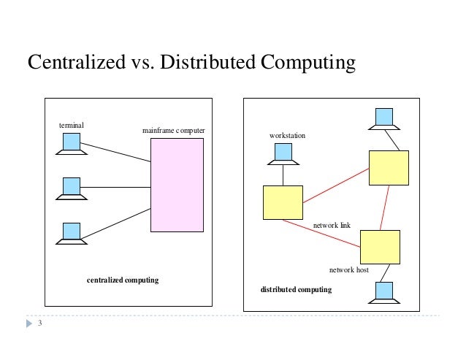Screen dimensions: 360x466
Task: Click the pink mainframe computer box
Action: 177,185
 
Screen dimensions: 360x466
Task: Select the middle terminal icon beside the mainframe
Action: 71,188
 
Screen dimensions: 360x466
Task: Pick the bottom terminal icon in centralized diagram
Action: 71,232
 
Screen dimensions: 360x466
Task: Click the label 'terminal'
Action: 71,126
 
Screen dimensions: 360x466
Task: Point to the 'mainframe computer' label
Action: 174,131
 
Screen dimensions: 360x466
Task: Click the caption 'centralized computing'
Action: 123,280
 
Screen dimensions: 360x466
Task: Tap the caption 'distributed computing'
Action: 296,290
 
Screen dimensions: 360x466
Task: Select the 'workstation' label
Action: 287,137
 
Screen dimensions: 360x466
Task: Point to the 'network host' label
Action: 348,270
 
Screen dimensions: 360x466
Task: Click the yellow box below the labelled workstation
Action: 283,202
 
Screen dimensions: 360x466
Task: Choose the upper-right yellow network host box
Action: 389,167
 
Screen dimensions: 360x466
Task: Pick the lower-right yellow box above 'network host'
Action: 380,247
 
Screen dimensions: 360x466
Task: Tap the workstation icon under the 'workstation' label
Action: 283,153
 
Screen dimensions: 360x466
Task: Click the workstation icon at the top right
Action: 384,118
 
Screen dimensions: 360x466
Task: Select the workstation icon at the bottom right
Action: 383,292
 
